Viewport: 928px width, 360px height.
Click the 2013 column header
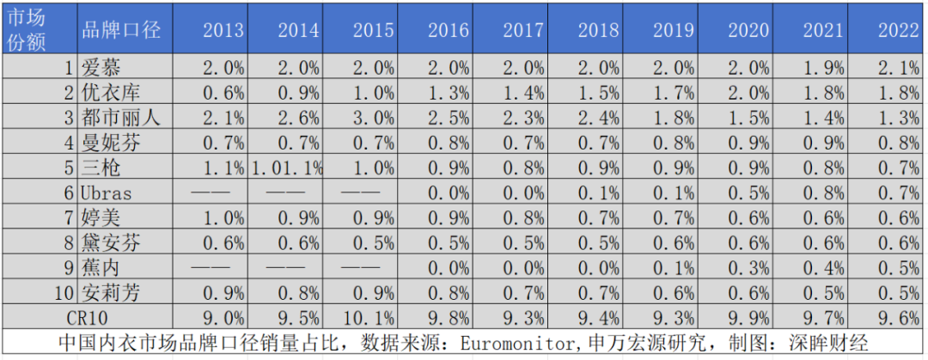coord(223,30)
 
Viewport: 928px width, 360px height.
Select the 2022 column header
coord(899,30)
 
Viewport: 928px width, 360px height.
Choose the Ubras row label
coord(107,192)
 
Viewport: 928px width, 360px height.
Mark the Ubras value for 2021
coord(824,192)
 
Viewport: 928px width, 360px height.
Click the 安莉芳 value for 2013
coord(223,292)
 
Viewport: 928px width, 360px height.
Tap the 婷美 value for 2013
coord(223,217)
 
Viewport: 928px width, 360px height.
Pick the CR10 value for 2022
coord(899,316)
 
